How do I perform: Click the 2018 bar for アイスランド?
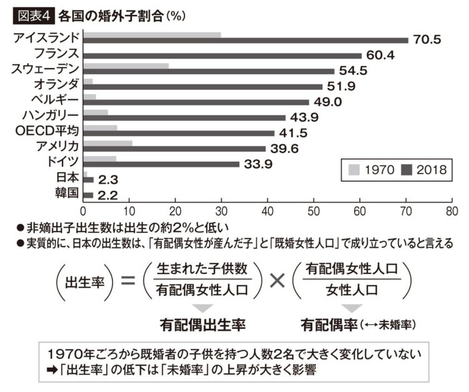245,41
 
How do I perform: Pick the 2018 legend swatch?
407,169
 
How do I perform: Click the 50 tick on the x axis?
314,211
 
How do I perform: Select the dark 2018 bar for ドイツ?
161,164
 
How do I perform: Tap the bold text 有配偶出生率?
202,325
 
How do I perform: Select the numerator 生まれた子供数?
202,268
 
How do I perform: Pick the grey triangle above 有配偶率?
351,308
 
